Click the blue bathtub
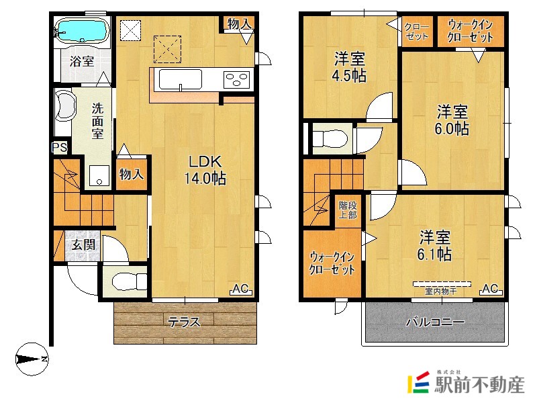tap(82, 30)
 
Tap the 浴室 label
tap(82, 62)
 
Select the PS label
tap(60, 148)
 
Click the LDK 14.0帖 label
tap(205, 170)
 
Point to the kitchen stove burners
tap(236, 80)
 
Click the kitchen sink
tap(181, 80)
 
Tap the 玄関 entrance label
tap(83, 244)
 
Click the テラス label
tap(184, 322)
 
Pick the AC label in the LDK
tap(240, 289)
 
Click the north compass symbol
tap(32, 359)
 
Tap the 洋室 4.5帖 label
tap(349, 67)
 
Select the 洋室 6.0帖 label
tap(452, 120)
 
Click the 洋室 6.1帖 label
tap(434, 245)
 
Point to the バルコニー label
tap(435, 322)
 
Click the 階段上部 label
tap(348, 210)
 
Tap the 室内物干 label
tap(441, 292)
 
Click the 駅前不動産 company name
tap(479, 384)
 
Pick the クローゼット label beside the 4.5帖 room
tap(416, 32)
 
